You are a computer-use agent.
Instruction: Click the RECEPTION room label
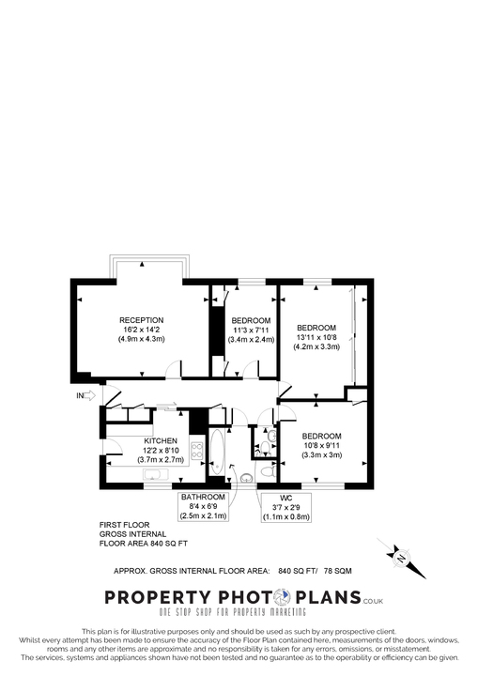coord(141,320)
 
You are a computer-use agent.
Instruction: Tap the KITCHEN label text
coord(161,440)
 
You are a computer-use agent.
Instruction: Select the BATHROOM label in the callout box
coord(204,496)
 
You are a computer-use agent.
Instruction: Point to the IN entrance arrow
coord(85,396)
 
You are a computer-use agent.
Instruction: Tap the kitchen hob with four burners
coord(198,452)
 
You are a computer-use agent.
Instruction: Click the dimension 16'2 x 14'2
coord(141,330)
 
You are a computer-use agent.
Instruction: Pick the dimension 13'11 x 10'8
coord(316,337)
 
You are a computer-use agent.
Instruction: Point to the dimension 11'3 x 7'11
coord(251,330)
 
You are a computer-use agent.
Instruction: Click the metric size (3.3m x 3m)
coord(321,455)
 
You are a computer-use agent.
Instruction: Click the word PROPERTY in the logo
coord(155,597)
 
